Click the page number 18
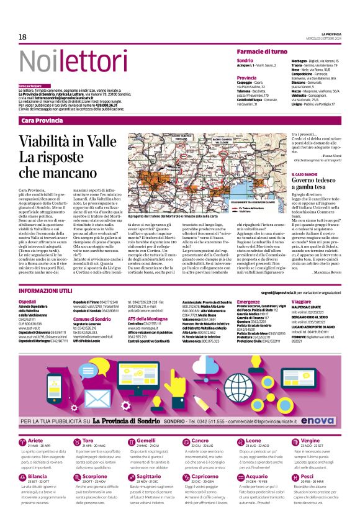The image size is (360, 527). click(x=22, y=37)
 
